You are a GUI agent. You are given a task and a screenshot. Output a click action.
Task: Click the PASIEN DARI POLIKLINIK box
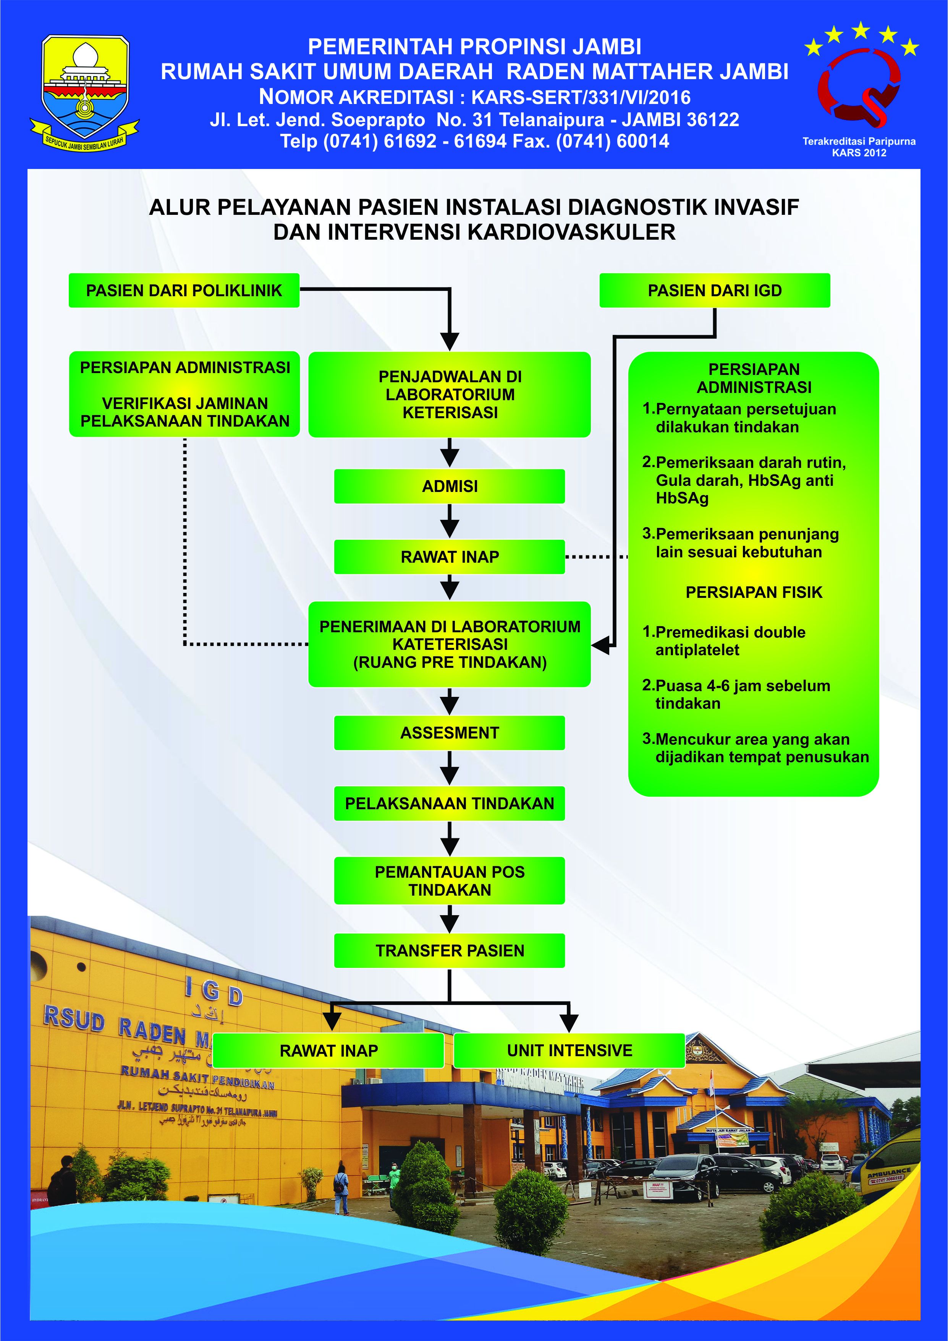pos(184,290)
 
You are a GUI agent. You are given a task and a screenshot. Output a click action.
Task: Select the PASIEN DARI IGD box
pos(715,290)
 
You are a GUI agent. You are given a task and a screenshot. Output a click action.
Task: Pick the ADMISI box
pos(450,486)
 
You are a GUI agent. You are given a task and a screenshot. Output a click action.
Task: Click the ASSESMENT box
pos(450,732)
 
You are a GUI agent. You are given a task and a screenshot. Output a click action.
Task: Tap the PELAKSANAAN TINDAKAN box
pos(450,803)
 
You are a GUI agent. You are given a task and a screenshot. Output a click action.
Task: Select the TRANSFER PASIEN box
pos(450,950)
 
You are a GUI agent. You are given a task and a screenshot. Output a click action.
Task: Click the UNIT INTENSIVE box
pos(569,1050)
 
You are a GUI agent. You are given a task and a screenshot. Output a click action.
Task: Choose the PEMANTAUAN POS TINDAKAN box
pos(450,880)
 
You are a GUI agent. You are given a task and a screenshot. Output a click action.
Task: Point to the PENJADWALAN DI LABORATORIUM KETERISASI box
pos(450,394)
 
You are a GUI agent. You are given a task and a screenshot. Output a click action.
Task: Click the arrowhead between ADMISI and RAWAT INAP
pos(450,529)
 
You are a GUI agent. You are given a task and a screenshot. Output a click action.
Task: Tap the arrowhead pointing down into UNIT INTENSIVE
pos(569,1023)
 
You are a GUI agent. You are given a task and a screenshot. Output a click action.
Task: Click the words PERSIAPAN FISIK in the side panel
pos(754,592)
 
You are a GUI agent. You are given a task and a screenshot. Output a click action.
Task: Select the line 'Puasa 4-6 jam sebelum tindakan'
pos(741,695)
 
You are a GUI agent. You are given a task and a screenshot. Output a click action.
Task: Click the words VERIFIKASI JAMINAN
pos(184,403)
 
